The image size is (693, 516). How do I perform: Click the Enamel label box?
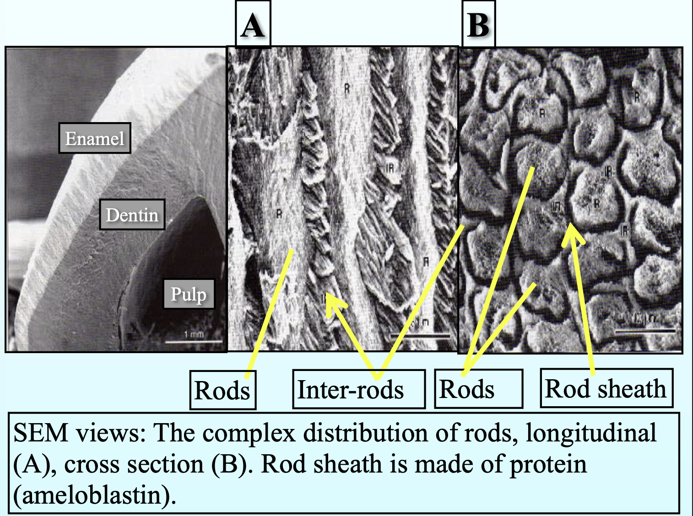point(95,138)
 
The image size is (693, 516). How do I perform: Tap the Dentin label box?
point(132,215)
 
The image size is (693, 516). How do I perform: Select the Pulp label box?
point(189,294)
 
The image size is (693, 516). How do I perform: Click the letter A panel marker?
point(253,25)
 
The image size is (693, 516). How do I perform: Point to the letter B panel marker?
point(478,25)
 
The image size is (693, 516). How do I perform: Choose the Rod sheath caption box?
point(606,389)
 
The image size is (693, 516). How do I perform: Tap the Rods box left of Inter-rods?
point(222,390)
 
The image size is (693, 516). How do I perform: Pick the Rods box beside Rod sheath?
point(478,389)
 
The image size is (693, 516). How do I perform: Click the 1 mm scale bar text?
point(194,334)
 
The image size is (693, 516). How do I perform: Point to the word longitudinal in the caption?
point(591,433)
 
